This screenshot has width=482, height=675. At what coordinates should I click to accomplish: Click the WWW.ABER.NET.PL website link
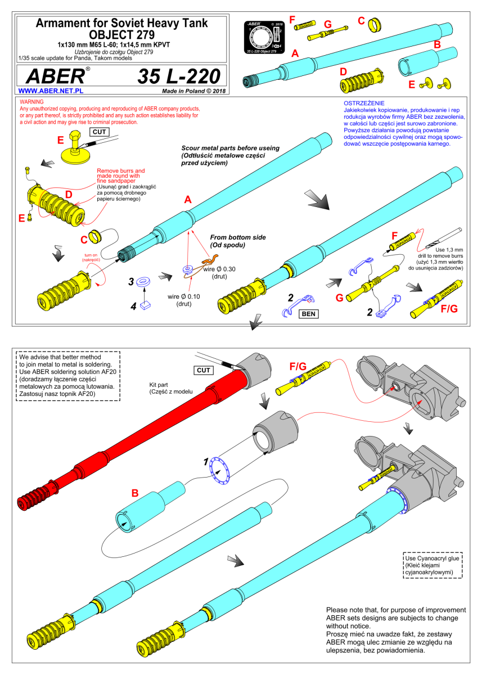(x=51, y=91)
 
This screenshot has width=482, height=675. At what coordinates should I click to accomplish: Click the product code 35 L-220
(x=179, y=76)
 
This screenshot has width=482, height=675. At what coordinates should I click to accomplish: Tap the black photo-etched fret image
(x=264, y=37)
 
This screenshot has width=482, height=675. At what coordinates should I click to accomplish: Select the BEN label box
(x=308, y=314)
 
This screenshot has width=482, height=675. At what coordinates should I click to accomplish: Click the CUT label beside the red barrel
(x=204, y=370)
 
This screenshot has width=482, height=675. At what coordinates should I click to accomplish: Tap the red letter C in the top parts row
(x=361, y=21)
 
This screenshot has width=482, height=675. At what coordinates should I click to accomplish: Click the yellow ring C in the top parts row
(x=375, y=24)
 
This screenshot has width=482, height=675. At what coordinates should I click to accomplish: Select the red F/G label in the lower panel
(x=298, y=366)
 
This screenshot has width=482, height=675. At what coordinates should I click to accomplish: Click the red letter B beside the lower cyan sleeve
(x=135, y=493)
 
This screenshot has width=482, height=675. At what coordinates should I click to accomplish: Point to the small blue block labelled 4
(x=146, y=305)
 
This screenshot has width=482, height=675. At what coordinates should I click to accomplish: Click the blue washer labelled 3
(x=143, y=282)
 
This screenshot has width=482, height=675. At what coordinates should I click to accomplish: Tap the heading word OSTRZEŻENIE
(x=364, y=103)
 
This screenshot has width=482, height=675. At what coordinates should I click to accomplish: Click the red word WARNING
(x=31, y=102)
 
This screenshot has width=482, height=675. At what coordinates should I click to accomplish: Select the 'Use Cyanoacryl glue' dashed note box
(x=433, y=565)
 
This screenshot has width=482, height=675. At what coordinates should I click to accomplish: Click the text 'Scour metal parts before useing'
(x=230, y=148)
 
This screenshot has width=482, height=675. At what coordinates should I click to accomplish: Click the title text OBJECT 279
(x=121, y=35)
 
